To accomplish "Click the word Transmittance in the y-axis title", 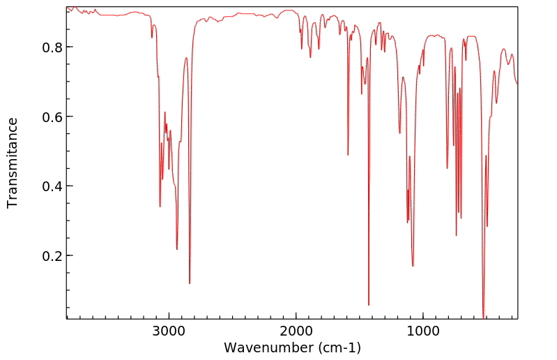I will tap(13, 163).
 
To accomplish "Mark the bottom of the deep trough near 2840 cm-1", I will tap(190, 283).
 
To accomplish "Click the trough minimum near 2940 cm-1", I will tap(177, 249).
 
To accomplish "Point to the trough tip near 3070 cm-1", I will tap(160, 207).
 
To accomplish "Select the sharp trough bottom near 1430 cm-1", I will tap(369, 305).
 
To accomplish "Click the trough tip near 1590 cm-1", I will tap(348, 155).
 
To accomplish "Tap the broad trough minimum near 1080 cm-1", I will tap(413, 266).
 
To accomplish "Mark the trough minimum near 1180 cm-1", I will tap(399, 133).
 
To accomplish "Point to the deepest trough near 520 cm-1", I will tap(483, 317).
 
